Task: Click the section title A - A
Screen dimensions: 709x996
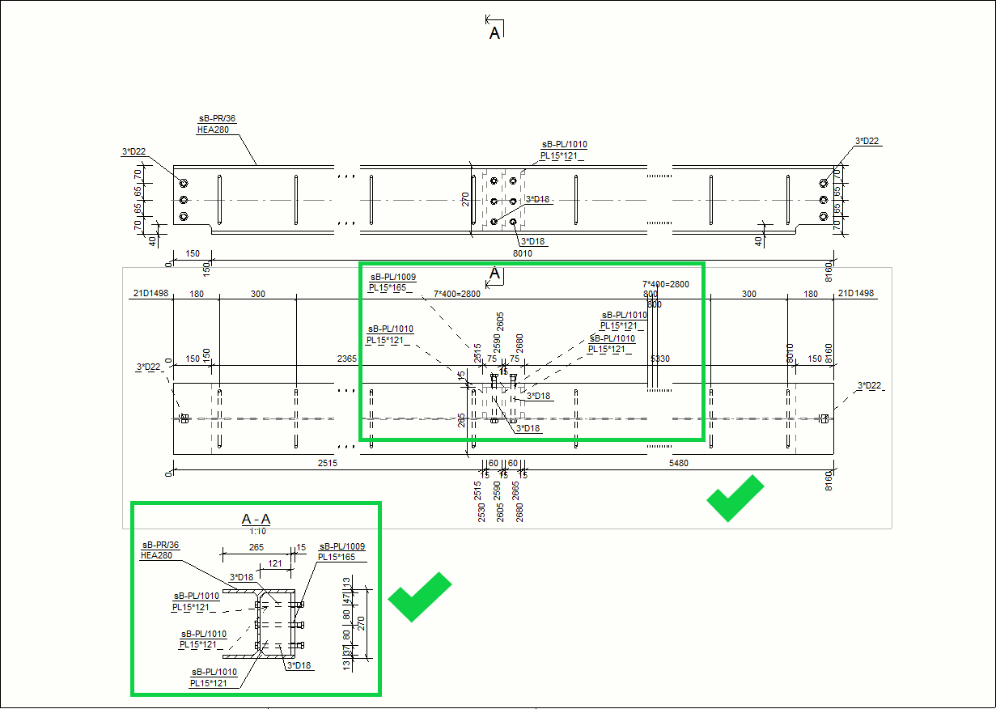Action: [256, 520]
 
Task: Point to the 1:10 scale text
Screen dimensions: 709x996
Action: [258, 532]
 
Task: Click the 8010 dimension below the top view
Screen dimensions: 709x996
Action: [522, 253]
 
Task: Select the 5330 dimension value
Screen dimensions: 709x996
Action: [661, 359]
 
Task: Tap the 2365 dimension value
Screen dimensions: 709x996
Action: [348, 359]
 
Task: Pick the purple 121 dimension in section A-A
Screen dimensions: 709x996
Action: [275, 563]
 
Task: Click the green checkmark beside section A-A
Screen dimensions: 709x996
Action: [418, 596]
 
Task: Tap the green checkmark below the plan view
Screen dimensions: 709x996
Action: [735, 498]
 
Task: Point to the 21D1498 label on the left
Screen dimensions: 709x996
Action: [149, 294]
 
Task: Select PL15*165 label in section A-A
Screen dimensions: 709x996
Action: [337, 557]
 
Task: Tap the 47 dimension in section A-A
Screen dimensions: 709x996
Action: [347, 599]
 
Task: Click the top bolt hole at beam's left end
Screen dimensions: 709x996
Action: [184, 183]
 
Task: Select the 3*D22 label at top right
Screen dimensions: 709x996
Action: [867, 142]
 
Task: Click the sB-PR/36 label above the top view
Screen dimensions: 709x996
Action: [217, 118]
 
